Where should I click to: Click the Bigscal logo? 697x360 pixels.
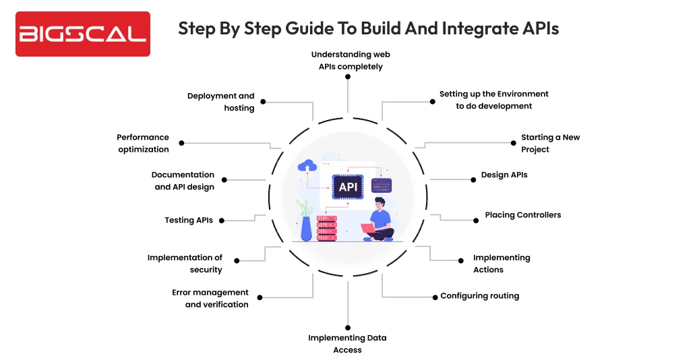pos(82,33)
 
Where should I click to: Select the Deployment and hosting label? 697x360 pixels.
pos(221,102)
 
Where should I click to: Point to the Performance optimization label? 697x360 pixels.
pos(143,143)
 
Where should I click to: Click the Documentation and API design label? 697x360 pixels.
pos(183,181)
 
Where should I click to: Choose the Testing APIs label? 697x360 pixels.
pos(189,220)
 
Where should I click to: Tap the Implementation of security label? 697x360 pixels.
pos(185,264)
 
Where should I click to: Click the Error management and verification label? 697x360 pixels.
pos(210,299)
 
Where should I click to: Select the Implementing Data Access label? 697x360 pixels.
pos(347,344)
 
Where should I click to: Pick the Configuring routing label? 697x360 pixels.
pos(479,296)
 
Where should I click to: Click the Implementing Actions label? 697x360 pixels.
pos(501,264)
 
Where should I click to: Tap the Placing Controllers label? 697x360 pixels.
pos(522,215)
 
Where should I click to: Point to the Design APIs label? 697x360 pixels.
pos(504,175)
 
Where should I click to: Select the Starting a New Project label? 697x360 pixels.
pos(549,143)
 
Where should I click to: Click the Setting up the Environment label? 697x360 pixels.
pos(493,100)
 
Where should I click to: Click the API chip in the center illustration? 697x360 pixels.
pos(348,187)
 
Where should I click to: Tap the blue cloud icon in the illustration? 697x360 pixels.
pos(307,166)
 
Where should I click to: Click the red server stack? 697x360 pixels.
pos(326,228)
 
